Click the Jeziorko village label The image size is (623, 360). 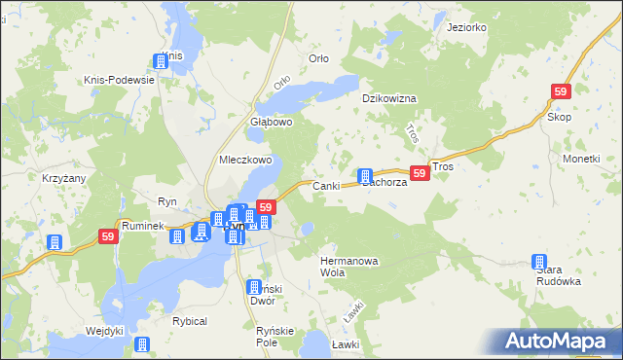pyautogui.click(x=466, y=27)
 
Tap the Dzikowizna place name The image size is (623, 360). pyautogui.click(x=389, y=98)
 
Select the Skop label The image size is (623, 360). pyautogui.click(x=559, y=117)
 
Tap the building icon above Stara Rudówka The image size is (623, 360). pyautogui.click(x=539, y=261)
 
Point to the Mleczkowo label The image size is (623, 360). pyautogui.click(x=244, y=161)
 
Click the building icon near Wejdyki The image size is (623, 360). pyautogui.click(x=142, y=343)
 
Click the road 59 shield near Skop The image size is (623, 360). pyautogui.click(x=560, y=91)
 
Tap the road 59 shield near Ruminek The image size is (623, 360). pyautogui.click(x=108, y=236)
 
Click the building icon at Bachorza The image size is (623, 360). pyautogui.click(x=365, y=176)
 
